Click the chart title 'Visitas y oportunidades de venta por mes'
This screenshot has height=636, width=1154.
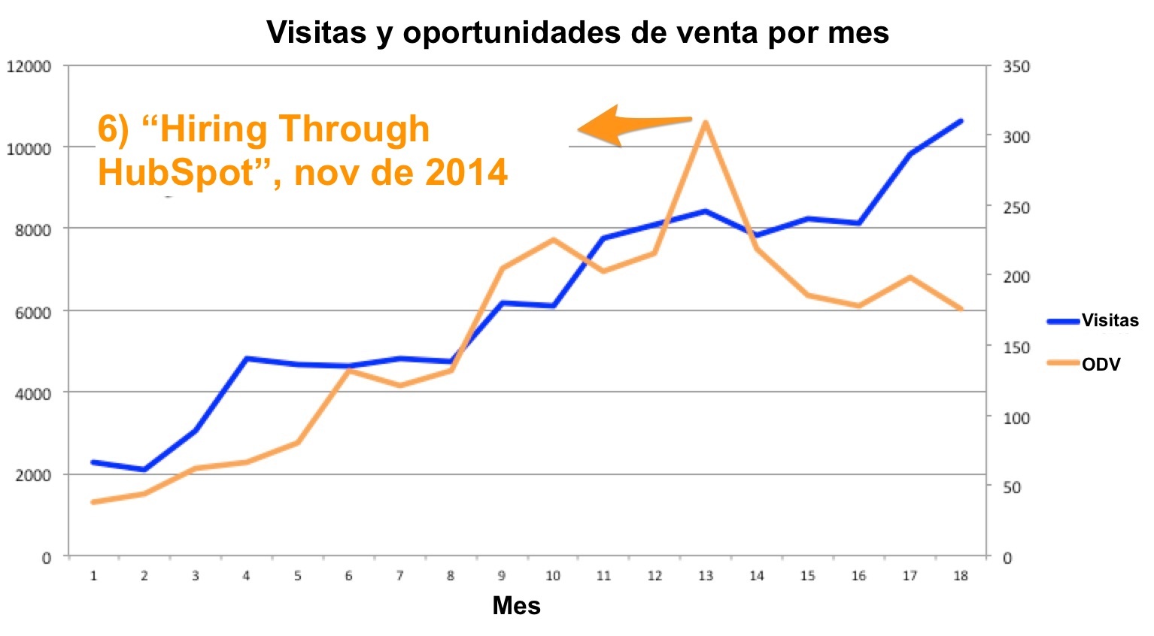[x=577, y=32]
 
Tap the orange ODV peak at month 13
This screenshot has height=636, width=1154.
[x=705, y=122]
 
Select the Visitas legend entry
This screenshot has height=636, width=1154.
[x=1109, y=321]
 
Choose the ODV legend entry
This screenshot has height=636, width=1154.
[x=1101, y=365]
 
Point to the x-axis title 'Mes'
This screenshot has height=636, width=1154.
[x=516, y=605]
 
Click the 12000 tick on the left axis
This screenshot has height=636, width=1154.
[x=29, y=67]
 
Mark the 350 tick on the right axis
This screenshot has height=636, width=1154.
[x=1016, y=67]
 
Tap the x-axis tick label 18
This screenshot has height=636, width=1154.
[x=960, y=576]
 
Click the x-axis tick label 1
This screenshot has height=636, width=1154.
[x=93, y=576]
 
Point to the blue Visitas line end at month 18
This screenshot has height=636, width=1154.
[x=961, y=120]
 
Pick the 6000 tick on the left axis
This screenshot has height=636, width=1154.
[x=33, y=312]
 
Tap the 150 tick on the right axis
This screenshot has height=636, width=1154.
[x=1016, y=347]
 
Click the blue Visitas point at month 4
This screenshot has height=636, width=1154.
[x=246, y=359]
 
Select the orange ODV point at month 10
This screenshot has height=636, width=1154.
[x=553, y=240]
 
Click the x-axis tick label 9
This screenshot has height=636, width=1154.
[x=501, y=576]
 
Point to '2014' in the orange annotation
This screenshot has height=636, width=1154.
[x=466, y=173]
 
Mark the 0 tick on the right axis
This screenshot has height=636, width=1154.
[x=1007, y=558]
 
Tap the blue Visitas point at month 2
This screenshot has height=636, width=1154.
[x=144, y=470]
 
